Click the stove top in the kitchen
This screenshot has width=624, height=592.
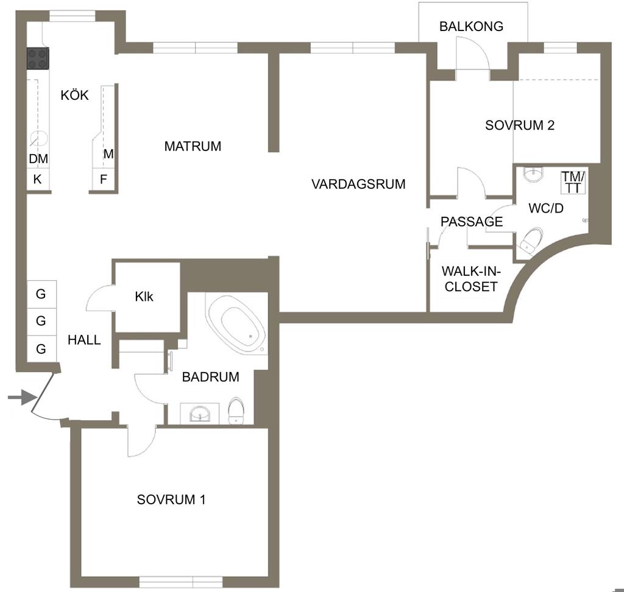[x=38, y=58]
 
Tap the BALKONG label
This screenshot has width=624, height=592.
[x=471, y=26]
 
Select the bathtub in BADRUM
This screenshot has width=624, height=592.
[x=237, y=324]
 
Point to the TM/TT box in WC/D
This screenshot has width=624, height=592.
[x=573, y=182]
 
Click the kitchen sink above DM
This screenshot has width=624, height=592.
[x=38, y=139]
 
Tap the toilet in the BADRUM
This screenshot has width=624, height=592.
[x=236, y=411]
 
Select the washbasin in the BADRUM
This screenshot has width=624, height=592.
[x=199, y=414]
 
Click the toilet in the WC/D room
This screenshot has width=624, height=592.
[x=531, y=239]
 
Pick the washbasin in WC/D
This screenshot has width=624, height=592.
[x=533, y=174]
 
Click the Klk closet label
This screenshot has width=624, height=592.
[x=144, y=297]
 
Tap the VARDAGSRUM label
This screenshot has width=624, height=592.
[x=358, y=184]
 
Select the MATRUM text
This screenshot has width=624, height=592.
[x=193, y=146]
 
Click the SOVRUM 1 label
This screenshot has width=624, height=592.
[x=171, y=499]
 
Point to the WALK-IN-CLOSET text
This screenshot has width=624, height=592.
[x=471, y=279]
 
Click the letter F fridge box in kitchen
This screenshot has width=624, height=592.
[x=104, y=180]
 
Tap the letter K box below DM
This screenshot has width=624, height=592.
[x=38, y=180]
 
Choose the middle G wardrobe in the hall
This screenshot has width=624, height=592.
[x=41, y=321]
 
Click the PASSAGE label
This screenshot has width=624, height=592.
[x=472, y=222]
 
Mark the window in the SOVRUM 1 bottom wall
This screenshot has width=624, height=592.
[x=180, y=582]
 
